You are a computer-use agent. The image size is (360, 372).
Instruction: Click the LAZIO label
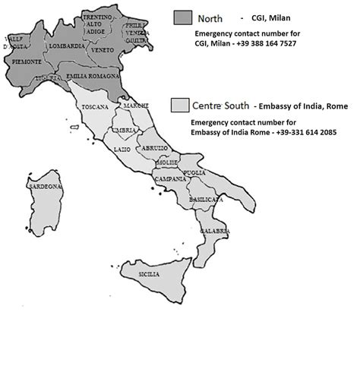(x=122, y=151)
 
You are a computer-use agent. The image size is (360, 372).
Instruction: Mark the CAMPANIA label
(x=170, y=179)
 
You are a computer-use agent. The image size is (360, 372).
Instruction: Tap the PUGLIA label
(x=195, y=173)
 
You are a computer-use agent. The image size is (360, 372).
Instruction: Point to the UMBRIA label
(x=125, y=130)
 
